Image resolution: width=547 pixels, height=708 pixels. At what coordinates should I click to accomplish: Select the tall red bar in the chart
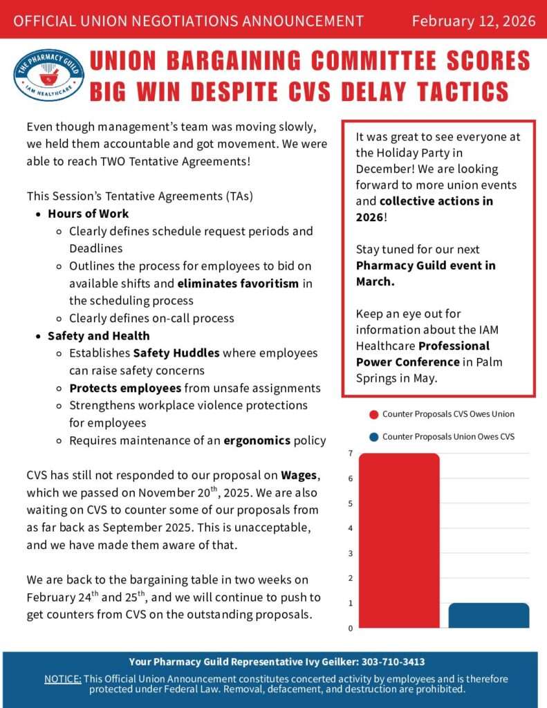pyautogui.click(x=399, y=540)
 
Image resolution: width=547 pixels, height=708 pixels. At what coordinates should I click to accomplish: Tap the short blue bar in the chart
pyautogui.click(x=489, y=615)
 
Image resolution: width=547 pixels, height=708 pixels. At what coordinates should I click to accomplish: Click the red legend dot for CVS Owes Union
pyautogui.click(x=374, y=414)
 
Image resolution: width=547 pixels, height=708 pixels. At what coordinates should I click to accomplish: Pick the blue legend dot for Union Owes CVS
pyautogui.click(x=374, y=437)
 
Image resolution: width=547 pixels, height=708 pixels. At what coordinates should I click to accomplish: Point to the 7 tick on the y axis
pyautogui.click(x=351, y=454)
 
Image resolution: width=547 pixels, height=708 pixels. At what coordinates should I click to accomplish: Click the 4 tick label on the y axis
pyautogui.click(x=351, y=528)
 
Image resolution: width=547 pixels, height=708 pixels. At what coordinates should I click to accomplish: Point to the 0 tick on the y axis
pyautogui.click(x=351, y=628)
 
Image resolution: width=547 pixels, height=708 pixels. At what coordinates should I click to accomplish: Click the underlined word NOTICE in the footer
pyautogui.click(x=62, y=678)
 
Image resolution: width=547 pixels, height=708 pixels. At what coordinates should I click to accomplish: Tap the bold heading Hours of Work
pyautogui.click(x=88, y=214)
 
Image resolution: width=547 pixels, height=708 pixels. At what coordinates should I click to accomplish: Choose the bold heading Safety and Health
pyautogui.click(x=98, y=336)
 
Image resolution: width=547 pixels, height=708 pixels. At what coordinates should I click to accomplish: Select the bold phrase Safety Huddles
pyautogui.click(x=176, y=353)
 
